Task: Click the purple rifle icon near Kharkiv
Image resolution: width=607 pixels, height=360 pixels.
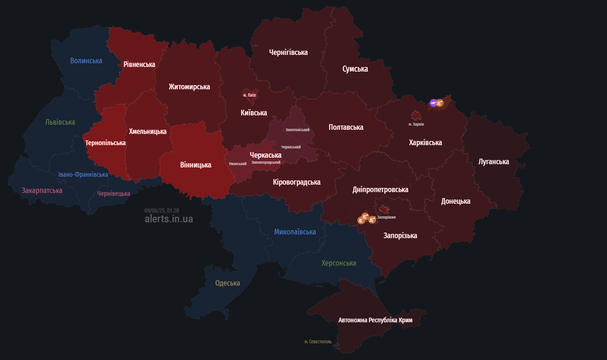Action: tap(433, 103)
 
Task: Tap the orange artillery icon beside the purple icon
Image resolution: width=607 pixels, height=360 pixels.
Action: tap(440, 103)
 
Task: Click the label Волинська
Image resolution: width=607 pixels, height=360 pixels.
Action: tap(86, 60)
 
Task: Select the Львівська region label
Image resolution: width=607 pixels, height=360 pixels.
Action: tap(60, 122)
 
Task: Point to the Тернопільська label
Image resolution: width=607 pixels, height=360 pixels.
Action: tap(105, 143)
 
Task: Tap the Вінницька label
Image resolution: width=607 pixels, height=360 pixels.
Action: tap(196, 165)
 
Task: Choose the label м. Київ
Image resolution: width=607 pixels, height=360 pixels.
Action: tap(250, 95)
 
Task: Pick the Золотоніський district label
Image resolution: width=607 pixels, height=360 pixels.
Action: tap(297, 130)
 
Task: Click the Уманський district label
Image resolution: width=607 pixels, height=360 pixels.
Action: tap(237, 164)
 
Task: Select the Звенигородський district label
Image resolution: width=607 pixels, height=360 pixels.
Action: tap(266, 162)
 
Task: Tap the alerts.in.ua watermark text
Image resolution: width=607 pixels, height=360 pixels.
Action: tap(169, 219)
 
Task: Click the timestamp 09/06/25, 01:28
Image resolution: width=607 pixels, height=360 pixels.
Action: tap(162, 210)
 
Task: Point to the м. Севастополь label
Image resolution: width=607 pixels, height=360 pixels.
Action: tap(318, 341)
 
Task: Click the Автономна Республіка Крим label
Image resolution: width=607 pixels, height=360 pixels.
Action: tap(375, 320)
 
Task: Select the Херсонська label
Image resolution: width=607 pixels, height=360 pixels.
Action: tap(339, 263)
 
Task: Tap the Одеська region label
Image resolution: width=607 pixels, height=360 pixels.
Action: tap(228, 283)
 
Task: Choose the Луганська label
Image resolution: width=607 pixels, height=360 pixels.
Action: tap(493, 161)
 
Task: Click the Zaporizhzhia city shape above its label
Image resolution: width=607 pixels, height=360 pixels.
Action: tap(384, 209)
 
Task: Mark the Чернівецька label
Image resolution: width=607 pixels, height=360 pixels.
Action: tap(114, 193)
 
